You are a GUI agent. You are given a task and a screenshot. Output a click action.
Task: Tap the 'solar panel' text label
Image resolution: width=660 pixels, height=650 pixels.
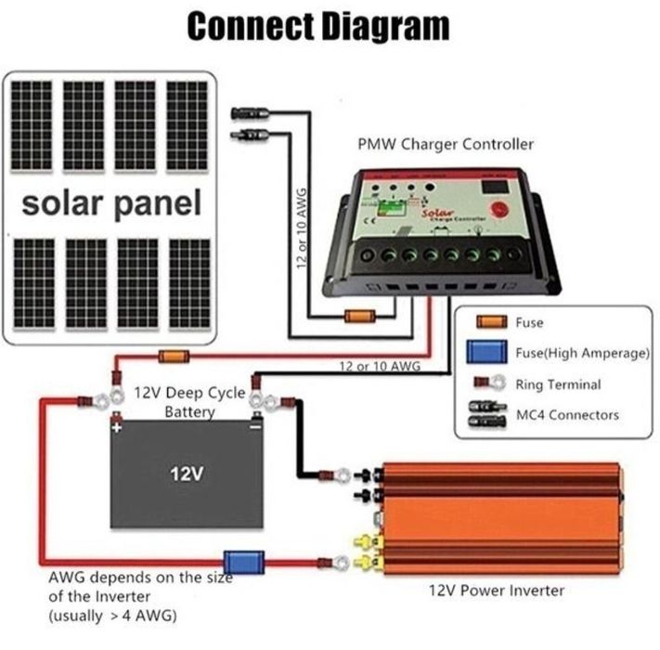(x=111, y=201)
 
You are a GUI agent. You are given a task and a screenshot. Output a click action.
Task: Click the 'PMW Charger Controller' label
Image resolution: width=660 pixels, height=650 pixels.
(x=446, y=144)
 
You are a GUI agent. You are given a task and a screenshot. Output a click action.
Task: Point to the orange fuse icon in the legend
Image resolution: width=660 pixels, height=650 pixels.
(x=492, y=323)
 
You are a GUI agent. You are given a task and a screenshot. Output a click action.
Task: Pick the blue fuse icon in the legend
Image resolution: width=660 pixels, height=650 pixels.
(x=492, y=352)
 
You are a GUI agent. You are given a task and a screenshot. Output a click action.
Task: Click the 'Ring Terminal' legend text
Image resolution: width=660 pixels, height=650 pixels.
(x=558, y=383)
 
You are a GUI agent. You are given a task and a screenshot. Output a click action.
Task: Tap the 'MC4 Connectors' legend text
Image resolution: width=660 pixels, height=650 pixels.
(x=567, y=414)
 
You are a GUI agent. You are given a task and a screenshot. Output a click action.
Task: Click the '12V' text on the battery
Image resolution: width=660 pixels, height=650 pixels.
(x=187, y=474)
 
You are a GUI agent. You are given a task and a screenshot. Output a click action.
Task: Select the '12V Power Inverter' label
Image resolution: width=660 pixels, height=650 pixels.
(x=497, y=590)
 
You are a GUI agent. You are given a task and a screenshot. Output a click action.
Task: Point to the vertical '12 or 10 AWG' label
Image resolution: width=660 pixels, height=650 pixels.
(x=302, y=227)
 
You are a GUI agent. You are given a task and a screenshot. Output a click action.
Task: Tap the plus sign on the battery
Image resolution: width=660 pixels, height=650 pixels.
(x=117, y=429)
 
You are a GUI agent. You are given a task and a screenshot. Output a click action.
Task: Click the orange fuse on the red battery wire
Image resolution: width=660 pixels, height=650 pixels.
(x=175, y=356)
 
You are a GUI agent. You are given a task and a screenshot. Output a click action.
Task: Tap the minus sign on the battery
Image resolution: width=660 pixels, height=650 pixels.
(x=255, y=428)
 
